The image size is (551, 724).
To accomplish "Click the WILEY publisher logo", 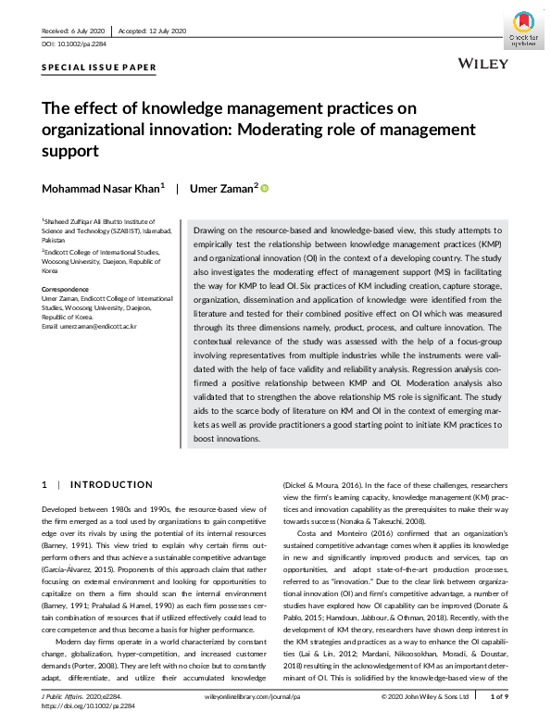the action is click(484, 63).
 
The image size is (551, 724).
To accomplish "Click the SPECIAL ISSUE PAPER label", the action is click(99, 69).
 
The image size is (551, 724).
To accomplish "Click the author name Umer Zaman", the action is click(222, 189).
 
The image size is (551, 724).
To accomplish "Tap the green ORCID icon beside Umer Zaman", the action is click(264, 189).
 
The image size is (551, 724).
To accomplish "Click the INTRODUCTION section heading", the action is click(111, 484).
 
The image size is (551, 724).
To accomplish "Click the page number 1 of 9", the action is click(499, 695).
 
